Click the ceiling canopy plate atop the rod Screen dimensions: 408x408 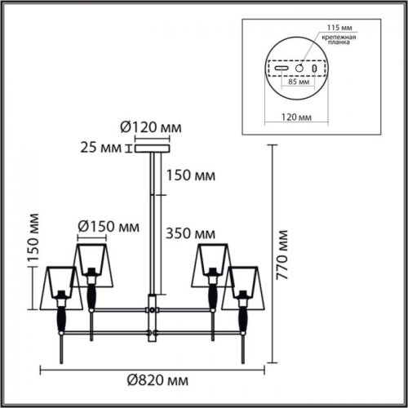(x=150, y=148)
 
